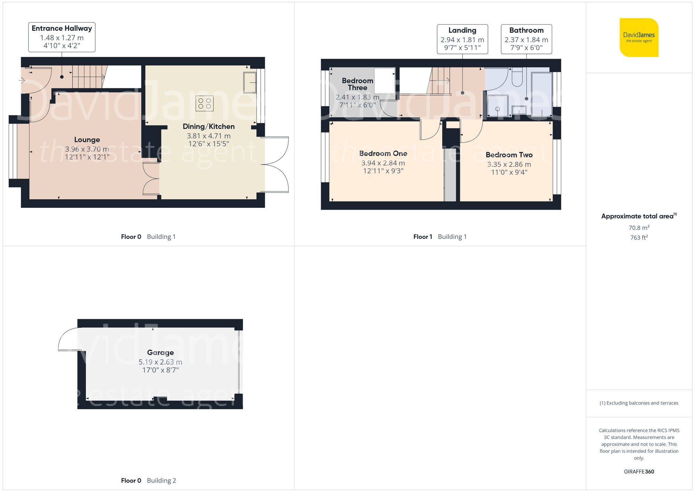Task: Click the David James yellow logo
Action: pyautogui.click(x=639, y=38)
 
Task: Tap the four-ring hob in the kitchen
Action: pyautogui.click(x=204, y=103)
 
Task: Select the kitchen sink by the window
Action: pyautogui.click(x=250, y=82)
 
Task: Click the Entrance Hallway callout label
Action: pyautogui.click(x=62, y=37)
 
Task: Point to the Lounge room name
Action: pyautogui.click(x=87, y=140)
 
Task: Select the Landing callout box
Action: pyautogui.click(x=462, y=39)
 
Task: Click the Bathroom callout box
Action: pyautogui.click(x=526, y=39)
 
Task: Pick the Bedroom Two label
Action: pyautogui.click(x=509, y=155)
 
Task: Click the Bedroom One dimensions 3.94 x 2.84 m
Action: pyautogui.click(x=383, y=163)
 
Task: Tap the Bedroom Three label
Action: pyautogui.click(x=357, y=84)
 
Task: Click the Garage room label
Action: pyautogui.click(x=160, y=353)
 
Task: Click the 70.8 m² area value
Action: pyautogui.click(x=639, y=228)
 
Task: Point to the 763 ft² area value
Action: pyautogui.click(x=639, y=237)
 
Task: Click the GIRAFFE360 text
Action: pyautogui.click(x=639, y=472)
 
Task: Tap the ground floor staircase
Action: pyautogui.click(x=88, y=76)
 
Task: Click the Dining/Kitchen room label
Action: pyautogui.click(x=208, y=127)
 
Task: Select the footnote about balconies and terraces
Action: pyautogui.click(x=639, y=403)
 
